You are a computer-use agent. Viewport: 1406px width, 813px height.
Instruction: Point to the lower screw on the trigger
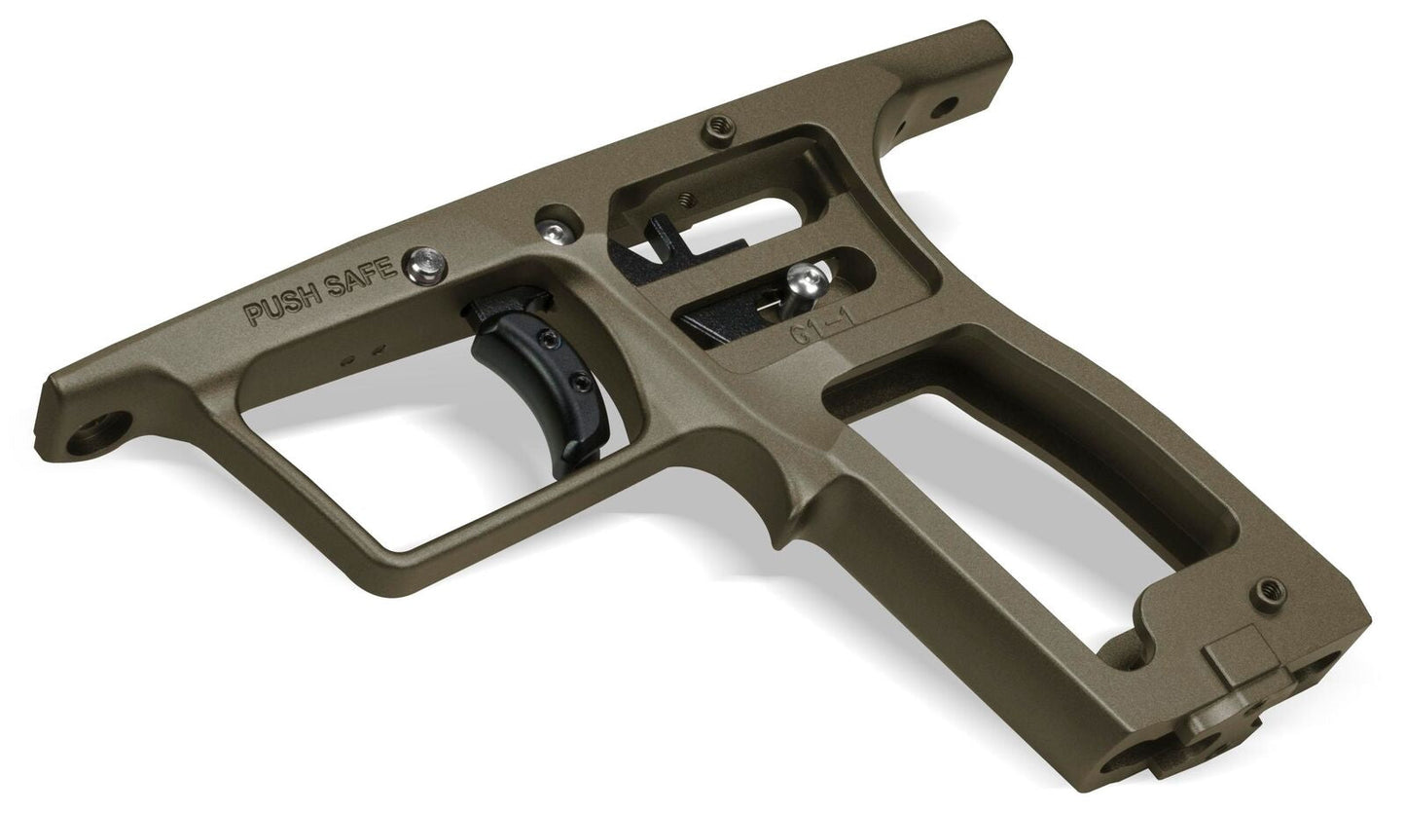[x=582, y=381]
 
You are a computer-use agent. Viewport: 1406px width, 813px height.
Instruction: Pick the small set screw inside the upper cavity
[x=687, y=200]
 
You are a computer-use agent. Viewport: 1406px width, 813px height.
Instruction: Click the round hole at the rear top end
[x=943, y=102]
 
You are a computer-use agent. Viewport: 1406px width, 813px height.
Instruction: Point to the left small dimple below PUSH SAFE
[x=348, y=359]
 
